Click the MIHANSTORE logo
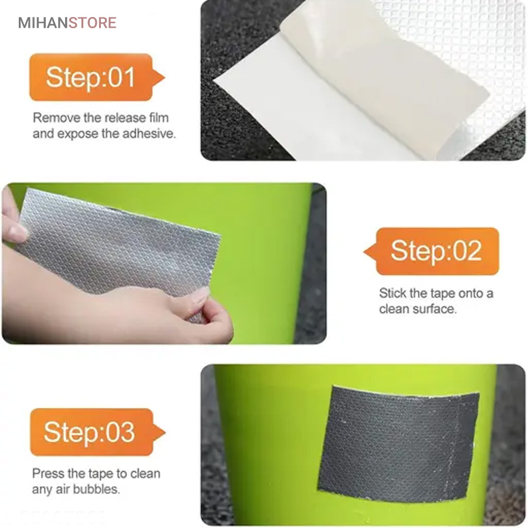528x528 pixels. point(67,22)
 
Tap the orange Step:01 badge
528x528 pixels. point(97,77)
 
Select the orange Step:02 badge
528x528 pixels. point(431,251)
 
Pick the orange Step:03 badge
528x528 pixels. point(97,432)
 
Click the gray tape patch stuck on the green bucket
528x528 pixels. point(398,444)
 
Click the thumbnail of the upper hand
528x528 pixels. point(17,232)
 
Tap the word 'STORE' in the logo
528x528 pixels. point(93,22)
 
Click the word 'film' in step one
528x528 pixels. point(158,118)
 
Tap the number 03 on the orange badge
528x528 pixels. point(120,432)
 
